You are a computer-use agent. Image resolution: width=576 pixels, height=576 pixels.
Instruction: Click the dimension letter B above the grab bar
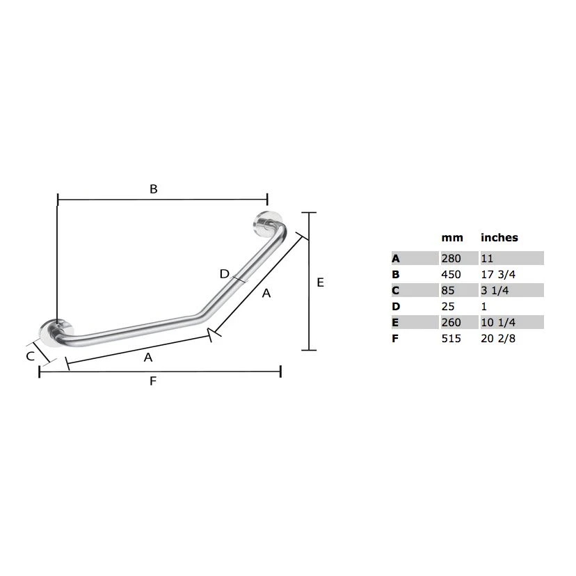[154, 189]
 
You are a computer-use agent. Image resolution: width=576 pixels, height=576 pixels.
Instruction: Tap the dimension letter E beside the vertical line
[320, 282]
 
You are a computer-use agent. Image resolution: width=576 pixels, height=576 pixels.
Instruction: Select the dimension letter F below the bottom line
[153, 381]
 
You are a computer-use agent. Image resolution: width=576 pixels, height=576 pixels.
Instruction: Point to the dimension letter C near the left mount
[31, 356]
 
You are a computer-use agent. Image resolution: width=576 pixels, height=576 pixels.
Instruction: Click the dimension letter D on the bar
[224, 273]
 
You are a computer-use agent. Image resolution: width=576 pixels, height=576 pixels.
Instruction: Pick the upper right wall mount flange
[264, 223]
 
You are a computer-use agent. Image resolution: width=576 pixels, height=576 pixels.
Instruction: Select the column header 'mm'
[452, 238]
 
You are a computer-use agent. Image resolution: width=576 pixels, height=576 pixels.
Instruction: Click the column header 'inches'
[499, 237]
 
